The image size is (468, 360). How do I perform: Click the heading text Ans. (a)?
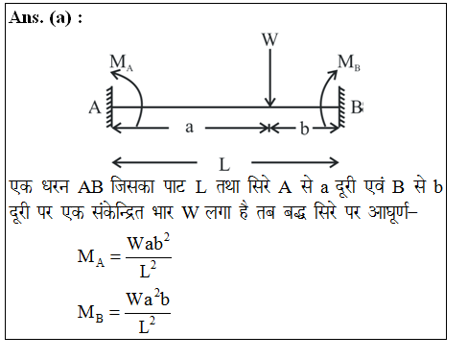tap(45, 22)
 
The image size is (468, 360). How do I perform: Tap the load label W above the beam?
tap(271, 40)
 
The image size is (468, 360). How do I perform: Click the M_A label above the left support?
tap(121, 63)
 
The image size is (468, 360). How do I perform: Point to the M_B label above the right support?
tap(348, 62)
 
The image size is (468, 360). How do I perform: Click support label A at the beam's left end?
tap(95, 108)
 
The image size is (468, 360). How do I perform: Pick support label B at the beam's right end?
tap(357, 108)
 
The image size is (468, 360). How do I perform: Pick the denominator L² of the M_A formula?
tap(148, 272)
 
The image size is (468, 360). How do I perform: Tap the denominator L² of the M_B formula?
tap(148, 327)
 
